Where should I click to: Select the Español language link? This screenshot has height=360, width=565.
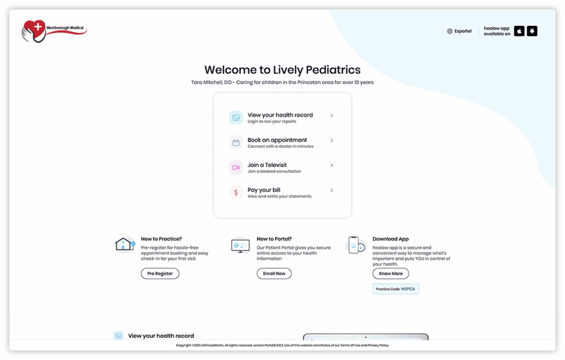(x=459, y=31)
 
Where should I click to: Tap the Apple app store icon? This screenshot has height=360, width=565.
(x=519, y=31)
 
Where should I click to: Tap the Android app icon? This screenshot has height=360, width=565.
(x=532, y=31)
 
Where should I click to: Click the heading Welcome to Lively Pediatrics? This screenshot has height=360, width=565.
(x=282, y=69)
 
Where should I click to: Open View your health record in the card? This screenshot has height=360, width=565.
(x=280, y=115)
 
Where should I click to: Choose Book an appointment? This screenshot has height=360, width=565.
(x=277, y=140)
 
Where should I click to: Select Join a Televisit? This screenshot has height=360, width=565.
(x=267, y=165)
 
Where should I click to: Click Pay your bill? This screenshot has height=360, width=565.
(x=264, y=190)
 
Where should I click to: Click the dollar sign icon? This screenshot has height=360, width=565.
(x=236, y=192)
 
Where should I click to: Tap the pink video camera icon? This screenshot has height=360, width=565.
(x=236, y=168)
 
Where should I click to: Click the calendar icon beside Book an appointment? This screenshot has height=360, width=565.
(x=236, y=143)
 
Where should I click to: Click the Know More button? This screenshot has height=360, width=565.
(x=391, y=273)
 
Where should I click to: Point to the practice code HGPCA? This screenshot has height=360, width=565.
(x=408, y=289)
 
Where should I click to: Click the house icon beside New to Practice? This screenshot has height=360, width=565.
(x=124, y=244)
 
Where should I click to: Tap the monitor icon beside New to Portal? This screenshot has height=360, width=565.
(x=240, y=245)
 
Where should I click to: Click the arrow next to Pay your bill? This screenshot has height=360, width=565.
(x=332, y=190)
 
